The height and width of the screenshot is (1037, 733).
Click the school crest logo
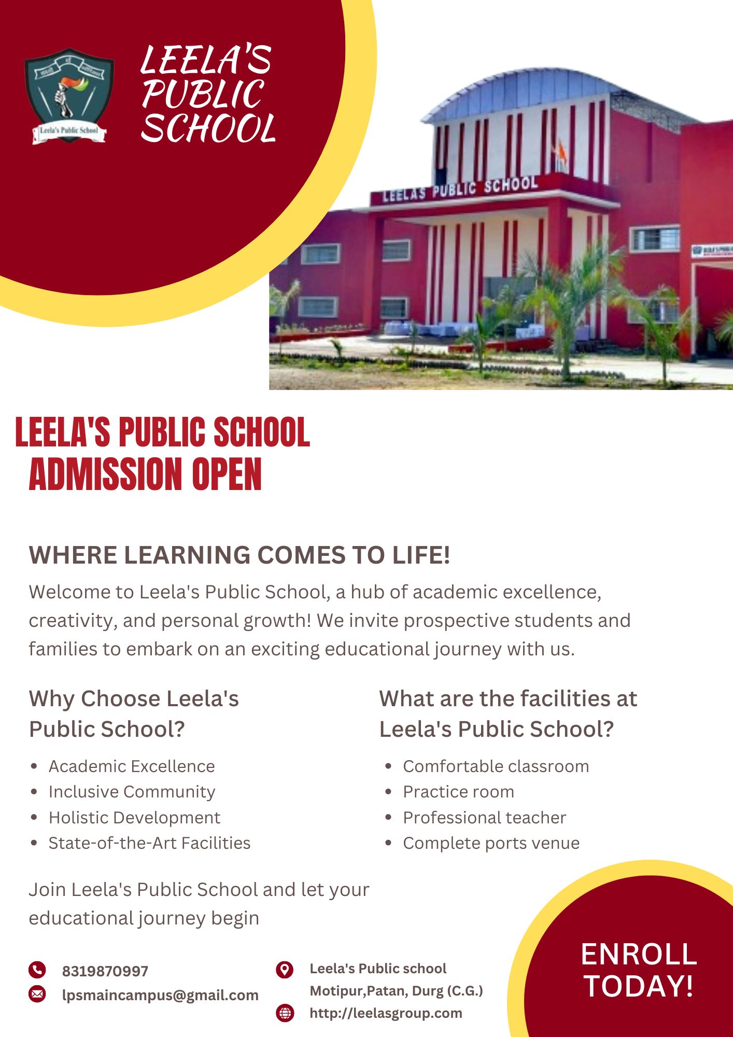click(69, 96)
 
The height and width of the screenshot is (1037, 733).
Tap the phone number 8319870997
click(105, 971)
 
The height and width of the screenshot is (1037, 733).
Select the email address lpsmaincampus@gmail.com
click(160, 995)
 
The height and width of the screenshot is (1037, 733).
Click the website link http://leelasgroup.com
click(386, 1013)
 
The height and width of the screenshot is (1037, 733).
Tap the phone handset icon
click(37, 970)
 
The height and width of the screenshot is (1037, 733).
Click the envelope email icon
click(37, 994)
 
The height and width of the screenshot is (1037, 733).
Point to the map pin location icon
click(285, 969)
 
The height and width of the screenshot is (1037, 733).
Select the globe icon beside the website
click(285, 1013)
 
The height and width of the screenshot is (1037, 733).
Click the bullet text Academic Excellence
click(132, 766)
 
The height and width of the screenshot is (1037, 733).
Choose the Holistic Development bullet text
click(134, 818)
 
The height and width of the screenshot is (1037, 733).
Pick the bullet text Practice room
click(458, 792)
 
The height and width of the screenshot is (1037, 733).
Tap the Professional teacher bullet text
click(484, 818)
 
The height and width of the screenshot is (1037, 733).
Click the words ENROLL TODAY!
click(639, 970)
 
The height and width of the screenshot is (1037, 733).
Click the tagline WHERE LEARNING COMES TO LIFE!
click(239, 555)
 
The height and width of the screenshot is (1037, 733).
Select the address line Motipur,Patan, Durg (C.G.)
click(396, 991)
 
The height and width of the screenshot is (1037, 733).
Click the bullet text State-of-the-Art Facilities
click(149, 843)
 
